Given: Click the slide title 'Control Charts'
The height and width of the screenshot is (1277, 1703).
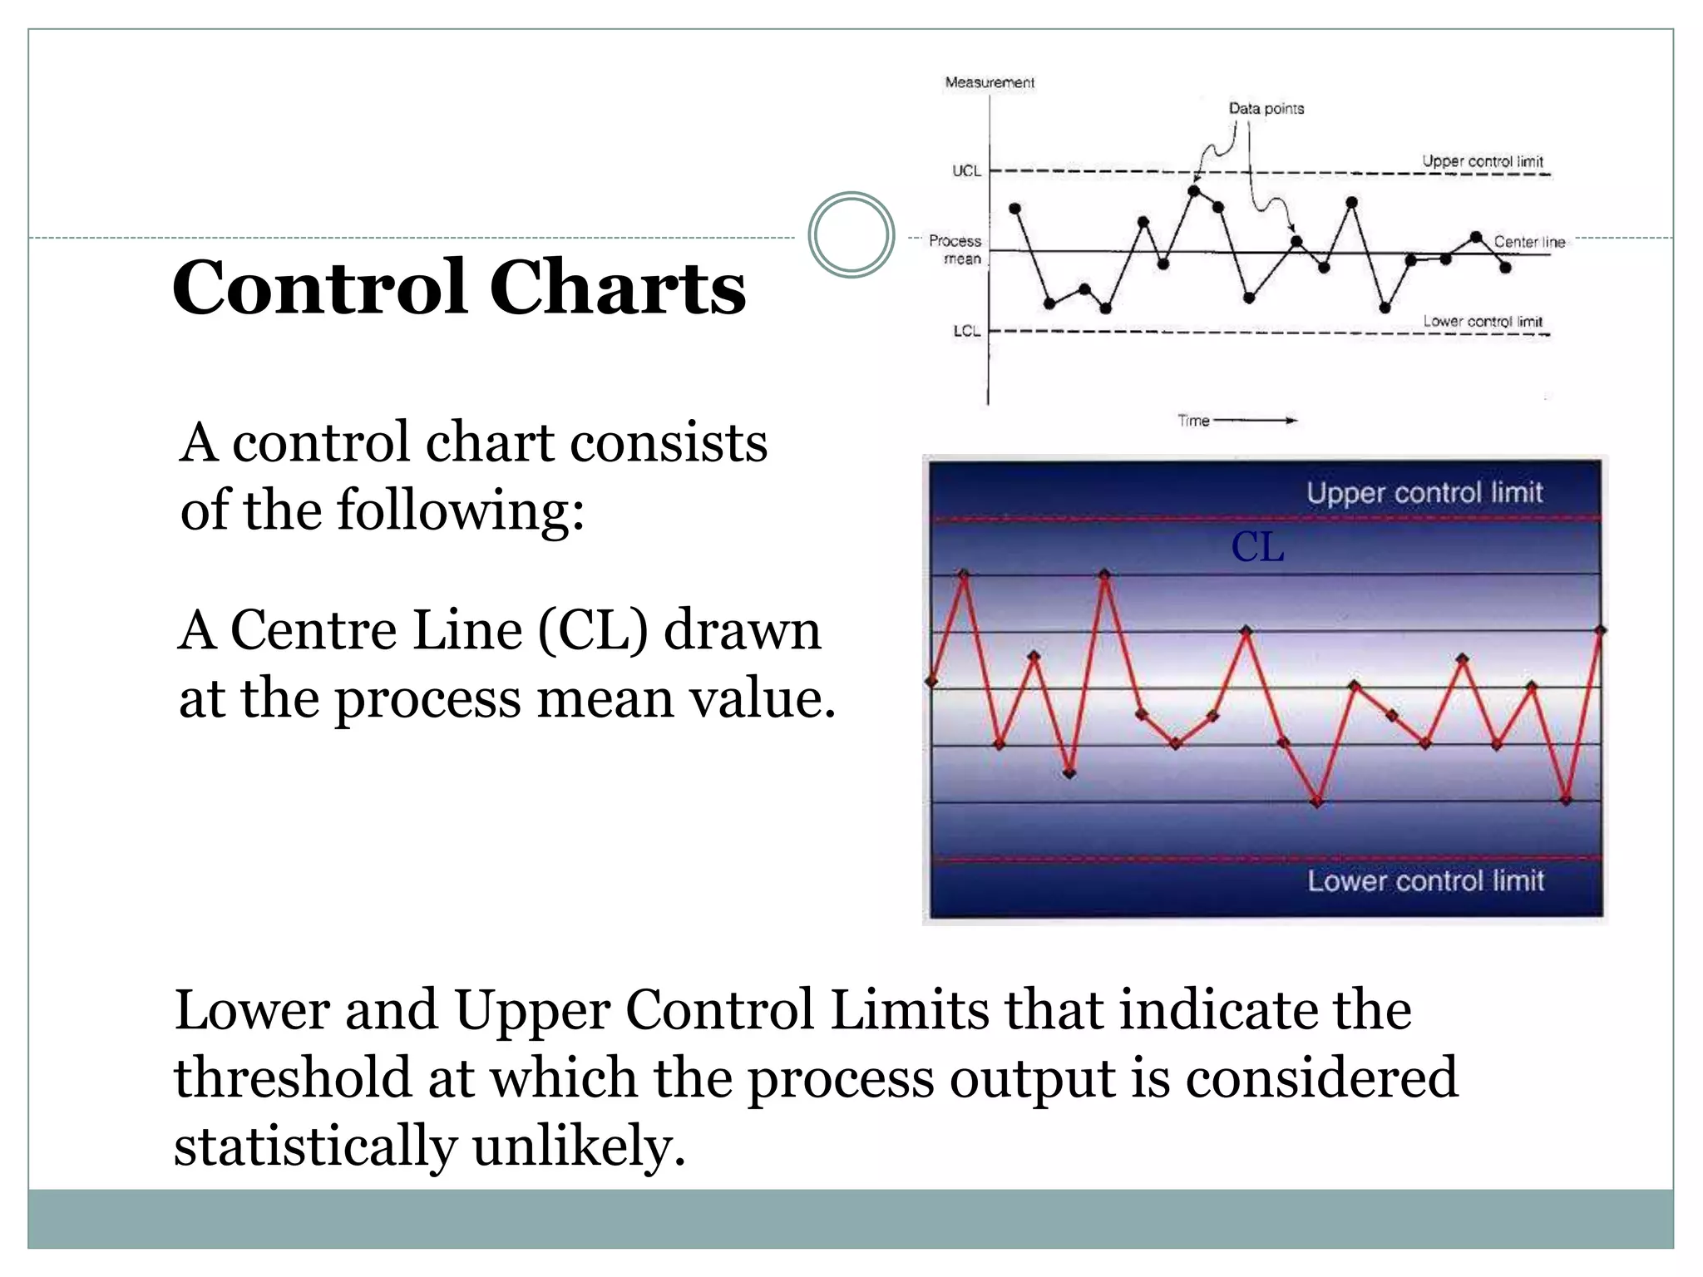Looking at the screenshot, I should point(459,287).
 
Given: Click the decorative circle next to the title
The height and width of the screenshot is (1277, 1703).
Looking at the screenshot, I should point(851,234).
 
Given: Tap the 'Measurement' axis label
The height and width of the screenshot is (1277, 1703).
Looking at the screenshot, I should point(990,82).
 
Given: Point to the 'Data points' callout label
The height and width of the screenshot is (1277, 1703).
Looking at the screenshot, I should point(1266,108).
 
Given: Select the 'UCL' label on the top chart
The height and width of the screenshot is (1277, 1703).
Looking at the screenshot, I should point(966,170).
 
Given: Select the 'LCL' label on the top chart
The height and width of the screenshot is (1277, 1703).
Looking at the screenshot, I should point(966,331).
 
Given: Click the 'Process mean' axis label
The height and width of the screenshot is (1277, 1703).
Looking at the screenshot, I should point(955,249).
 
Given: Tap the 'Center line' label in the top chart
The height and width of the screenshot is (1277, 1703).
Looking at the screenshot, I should point(1528,242).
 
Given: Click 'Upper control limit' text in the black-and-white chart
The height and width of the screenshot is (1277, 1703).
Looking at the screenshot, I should point(1482,160).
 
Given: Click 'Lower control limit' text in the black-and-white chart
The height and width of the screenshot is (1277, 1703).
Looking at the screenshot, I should point(1482,321).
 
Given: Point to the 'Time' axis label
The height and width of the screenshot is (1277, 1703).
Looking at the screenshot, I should point(1193,421).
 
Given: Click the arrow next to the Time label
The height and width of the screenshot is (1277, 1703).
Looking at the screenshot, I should point(1256,421).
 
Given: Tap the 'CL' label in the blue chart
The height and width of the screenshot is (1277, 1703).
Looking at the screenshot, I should point(1257,547).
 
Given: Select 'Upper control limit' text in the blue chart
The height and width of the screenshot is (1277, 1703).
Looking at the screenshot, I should point(1424,492).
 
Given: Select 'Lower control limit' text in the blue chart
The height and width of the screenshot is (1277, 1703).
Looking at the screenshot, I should point(1425,880).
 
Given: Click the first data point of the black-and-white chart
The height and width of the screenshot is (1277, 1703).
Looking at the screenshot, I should point(1014,208).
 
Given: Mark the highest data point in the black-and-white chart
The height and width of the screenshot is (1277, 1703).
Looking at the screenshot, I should point(1194,190).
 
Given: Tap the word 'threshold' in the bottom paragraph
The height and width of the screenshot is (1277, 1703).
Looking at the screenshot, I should point(294,1078).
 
